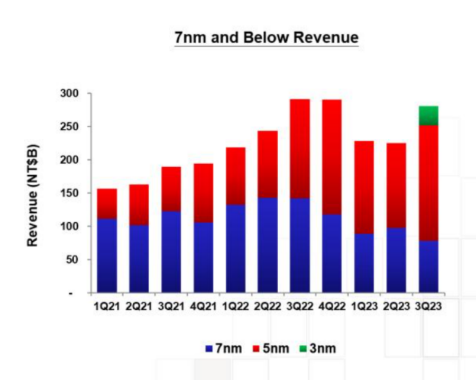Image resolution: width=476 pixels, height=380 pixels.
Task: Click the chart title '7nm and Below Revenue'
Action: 267,38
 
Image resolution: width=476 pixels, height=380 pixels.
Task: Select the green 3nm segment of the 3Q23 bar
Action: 428,116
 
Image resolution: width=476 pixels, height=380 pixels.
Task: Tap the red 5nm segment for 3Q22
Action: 300,148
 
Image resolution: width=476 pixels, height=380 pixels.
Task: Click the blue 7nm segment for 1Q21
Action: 107,255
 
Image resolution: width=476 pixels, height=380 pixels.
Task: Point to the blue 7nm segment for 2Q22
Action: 268,245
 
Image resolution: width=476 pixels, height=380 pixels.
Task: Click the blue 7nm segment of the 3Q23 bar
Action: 428,267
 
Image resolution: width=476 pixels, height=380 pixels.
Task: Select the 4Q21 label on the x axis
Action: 204,306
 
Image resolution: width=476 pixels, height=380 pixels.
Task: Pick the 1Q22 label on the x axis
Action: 236,306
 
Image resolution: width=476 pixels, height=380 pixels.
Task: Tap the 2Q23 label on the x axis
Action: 396,306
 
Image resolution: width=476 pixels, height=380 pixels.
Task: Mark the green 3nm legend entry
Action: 317,348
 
